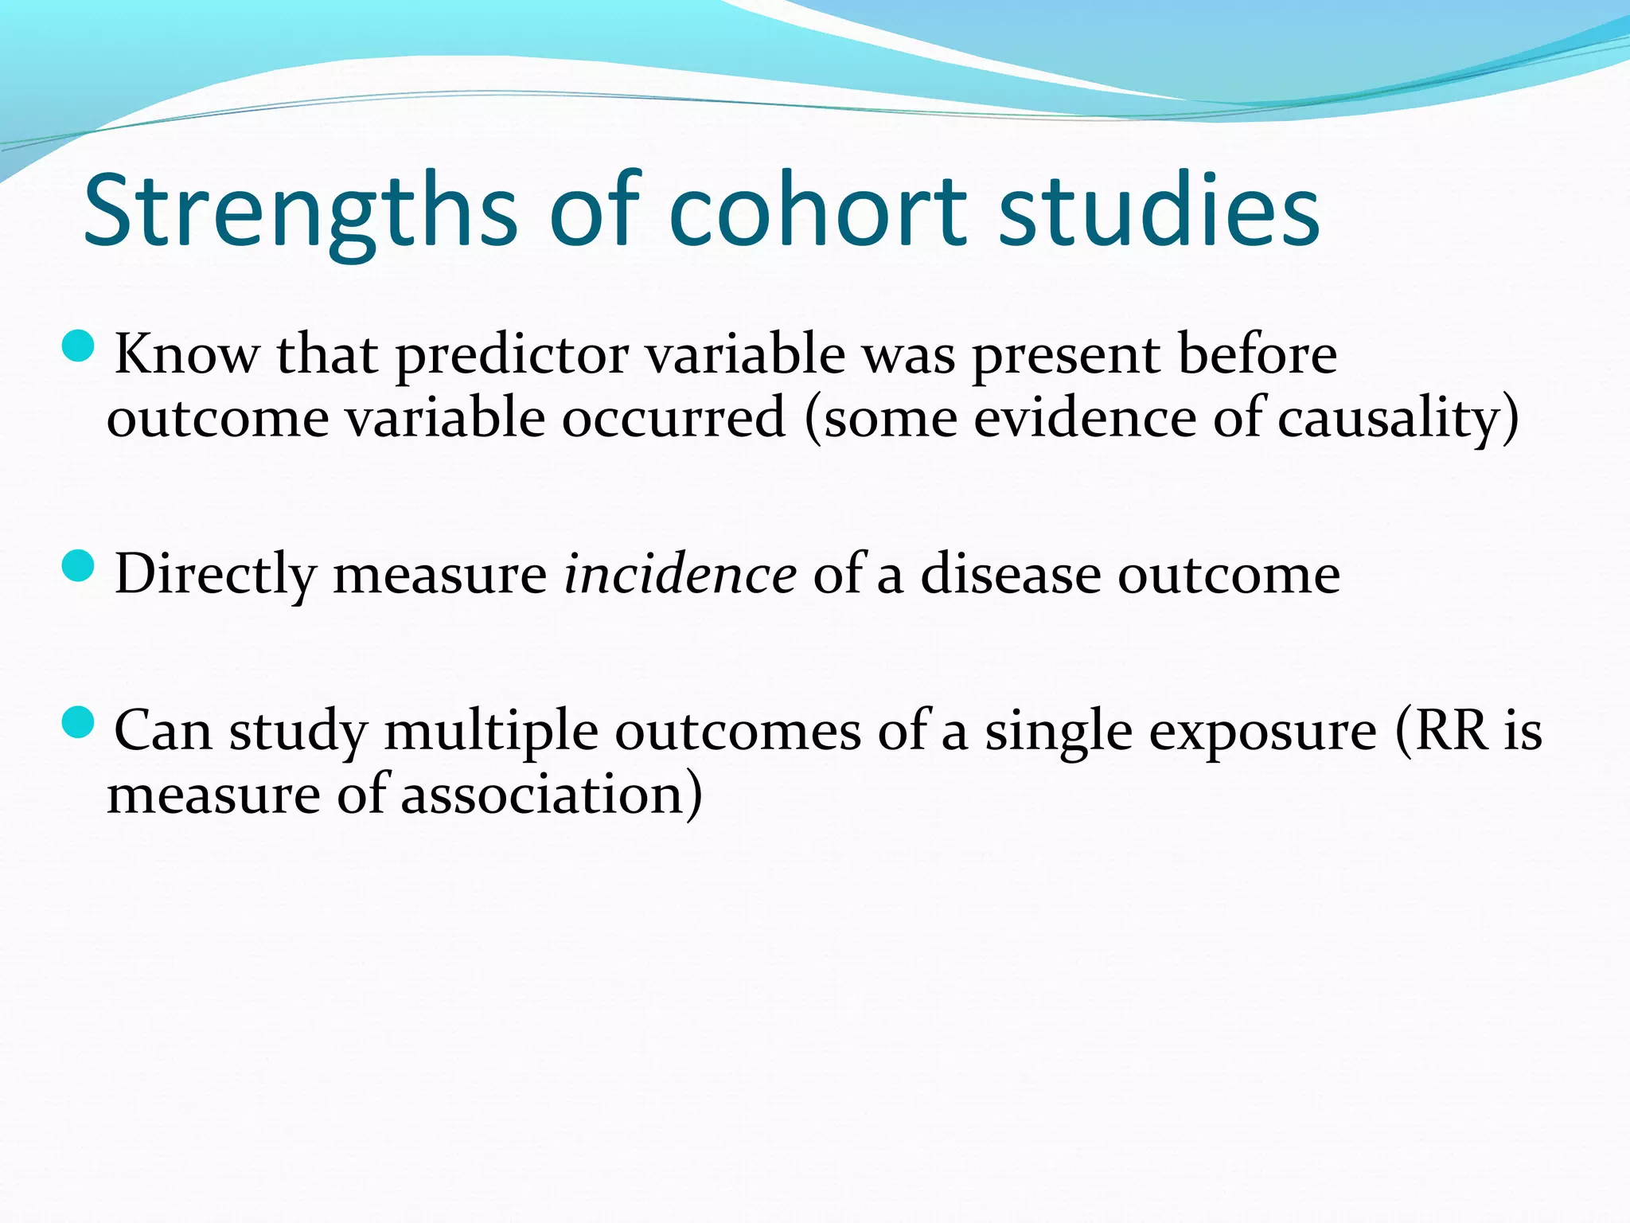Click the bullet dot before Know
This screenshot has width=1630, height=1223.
point(78,346)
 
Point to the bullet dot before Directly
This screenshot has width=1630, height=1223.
point(78,566)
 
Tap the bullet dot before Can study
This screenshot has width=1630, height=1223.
point(78,722)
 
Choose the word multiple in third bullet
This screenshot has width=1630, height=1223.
point(490,730)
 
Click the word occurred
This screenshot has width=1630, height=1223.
point(673,419)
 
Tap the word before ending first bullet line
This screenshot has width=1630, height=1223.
point(1257,354)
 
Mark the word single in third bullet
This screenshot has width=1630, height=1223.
point(1058,730)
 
